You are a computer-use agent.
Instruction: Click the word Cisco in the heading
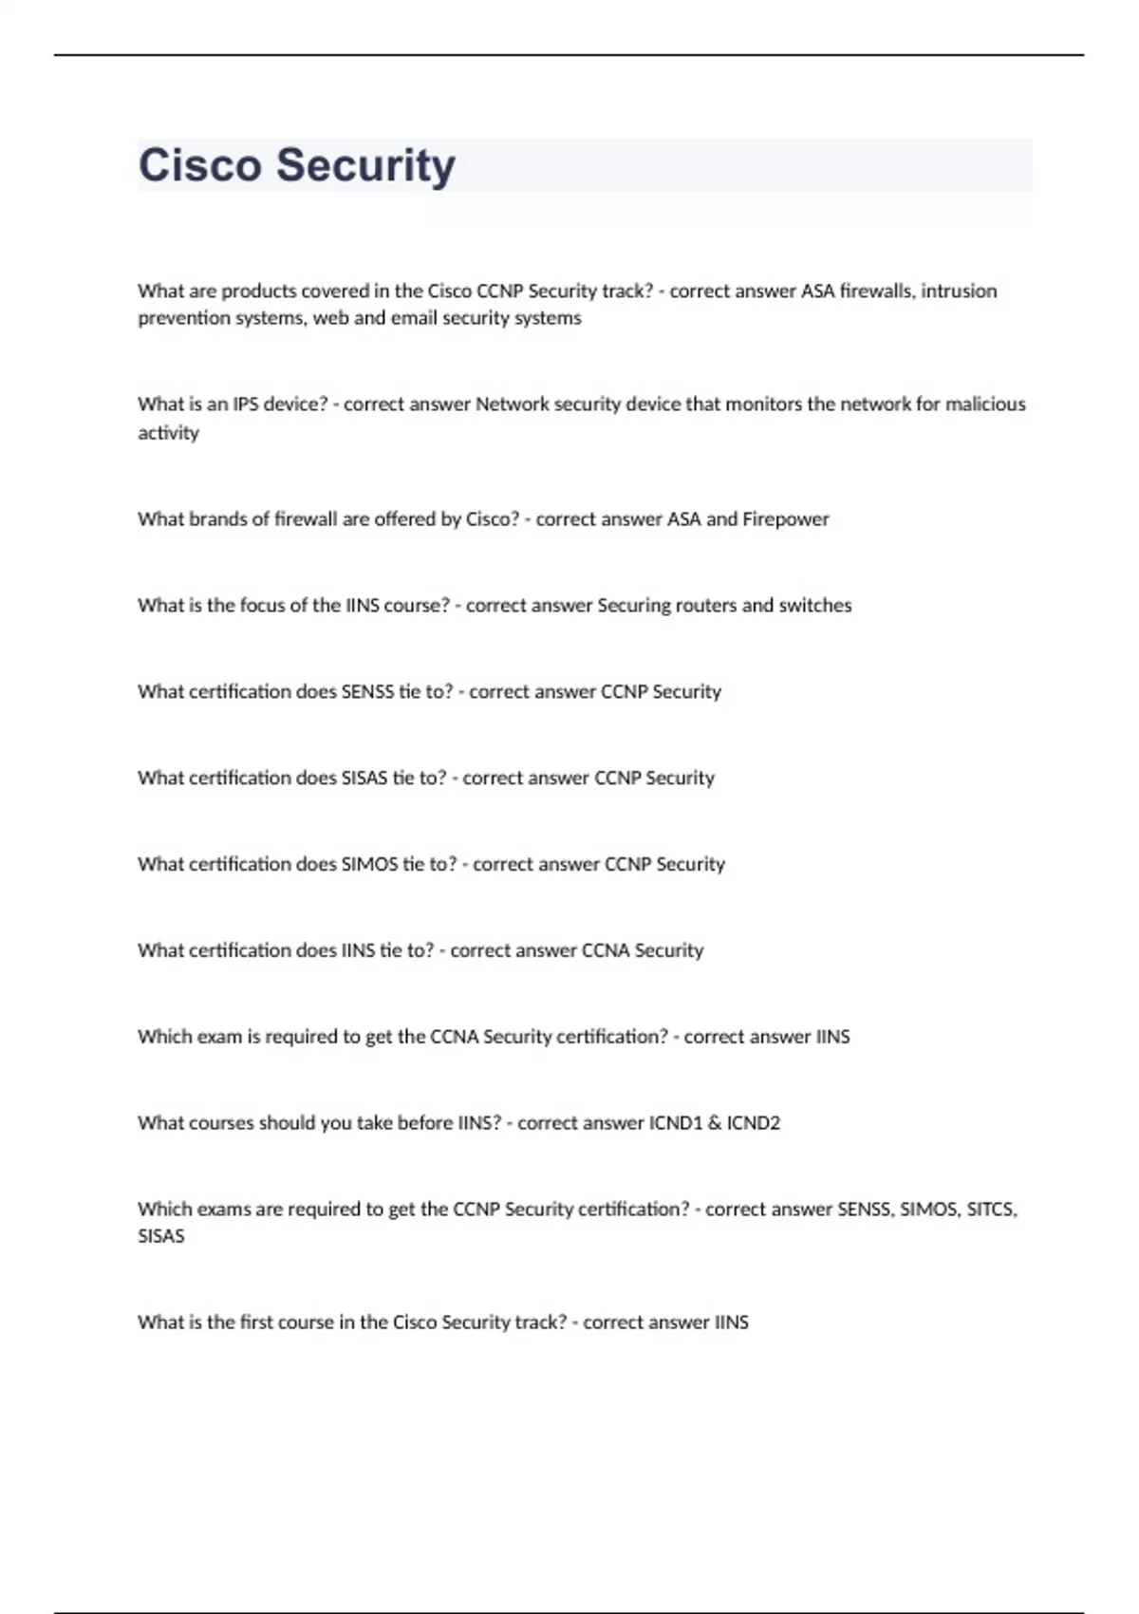click(199, 165)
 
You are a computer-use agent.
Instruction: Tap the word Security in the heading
click(365, 165)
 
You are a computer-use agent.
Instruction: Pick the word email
click(414, 318)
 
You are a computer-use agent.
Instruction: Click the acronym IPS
click(246, 404)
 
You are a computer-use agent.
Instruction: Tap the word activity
click(168, 433)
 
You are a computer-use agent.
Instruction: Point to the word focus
click(262, 606)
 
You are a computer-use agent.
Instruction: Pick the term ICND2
click(754, 1123)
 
